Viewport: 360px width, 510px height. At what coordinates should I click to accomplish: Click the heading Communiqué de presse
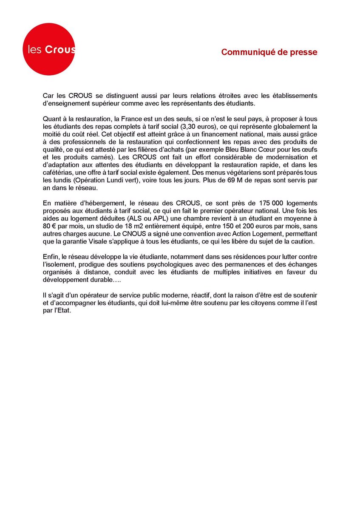269,52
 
